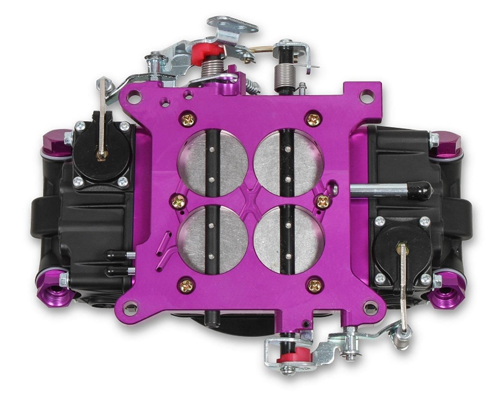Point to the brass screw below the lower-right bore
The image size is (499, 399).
[314, 284]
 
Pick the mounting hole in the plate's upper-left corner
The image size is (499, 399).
[135, 97]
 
